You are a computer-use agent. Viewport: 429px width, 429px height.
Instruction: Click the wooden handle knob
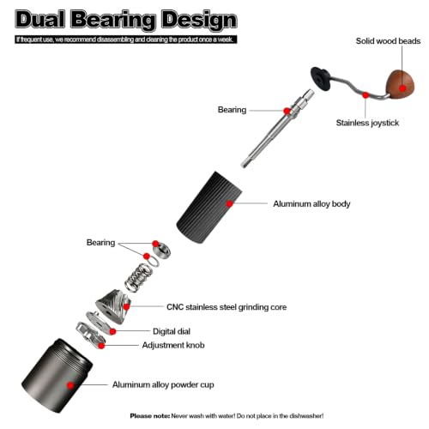coord(400,85)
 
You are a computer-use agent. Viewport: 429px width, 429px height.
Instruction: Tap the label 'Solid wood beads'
coord(388,41)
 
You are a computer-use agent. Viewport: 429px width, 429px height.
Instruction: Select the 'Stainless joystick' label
coord(367,123)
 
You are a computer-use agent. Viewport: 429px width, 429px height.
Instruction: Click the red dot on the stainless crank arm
coord(366,95)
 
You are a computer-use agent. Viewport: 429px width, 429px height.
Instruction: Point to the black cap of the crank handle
coord(320,79)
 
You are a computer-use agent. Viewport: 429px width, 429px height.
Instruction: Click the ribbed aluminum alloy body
coord(209,208)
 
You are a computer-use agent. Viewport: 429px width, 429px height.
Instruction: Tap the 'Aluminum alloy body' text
coord(311,204)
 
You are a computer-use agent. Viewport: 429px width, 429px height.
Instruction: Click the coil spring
coord(137,278)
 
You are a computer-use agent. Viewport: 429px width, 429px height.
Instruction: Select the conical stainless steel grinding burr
coord(113,305)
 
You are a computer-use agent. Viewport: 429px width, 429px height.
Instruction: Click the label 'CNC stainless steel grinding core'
coord(227,307)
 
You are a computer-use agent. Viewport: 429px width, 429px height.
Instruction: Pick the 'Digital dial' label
coord(172,331)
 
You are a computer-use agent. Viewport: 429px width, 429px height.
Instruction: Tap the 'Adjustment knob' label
coord(173,345)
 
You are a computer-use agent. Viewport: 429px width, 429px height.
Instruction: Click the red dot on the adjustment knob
coord(101,346)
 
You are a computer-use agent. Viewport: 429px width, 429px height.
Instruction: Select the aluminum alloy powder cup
coord(57,376)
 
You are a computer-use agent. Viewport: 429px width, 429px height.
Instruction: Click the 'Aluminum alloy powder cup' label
coord(163,384)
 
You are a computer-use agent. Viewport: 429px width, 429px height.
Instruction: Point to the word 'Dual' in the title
coord(39,20)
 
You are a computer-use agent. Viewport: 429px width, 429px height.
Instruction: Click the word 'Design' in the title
coord(199,20)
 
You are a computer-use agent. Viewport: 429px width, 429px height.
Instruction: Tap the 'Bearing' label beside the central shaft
coord(232,110)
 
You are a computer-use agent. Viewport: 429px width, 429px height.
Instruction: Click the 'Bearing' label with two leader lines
coord(100,243)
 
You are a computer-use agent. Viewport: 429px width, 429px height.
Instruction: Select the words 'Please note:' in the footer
coord(150,416)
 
